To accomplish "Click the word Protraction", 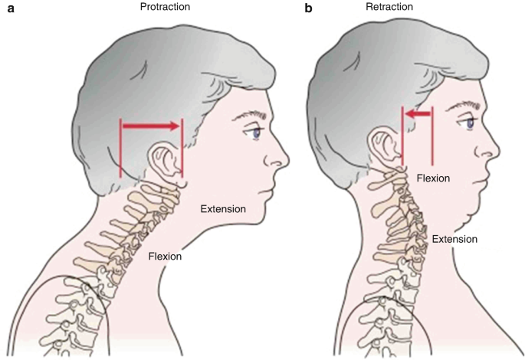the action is coord(165,7).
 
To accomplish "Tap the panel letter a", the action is coord(8,8).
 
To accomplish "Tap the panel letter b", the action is coord(309,8).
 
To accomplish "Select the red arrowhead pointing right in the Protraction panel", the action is coord(175,125).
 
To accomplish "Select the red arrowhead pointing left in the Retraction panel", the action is coord(412,114).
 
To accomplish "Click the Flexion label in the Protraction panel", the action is coord(165,256).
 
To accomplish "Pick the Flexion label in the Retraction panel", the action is coord(433,178).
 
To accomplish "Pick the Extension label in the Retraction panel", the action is coord(455,239).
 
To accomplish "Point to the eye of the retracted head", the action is coord(468,123).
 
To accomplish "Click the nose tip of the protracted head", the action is coord(287,162).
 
